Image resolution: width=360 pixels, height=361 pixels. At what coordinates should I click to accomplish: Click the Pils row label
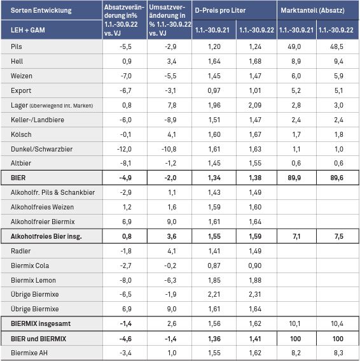17,46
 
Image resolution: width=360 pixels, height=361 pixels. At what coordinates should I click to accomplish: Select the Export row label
21,90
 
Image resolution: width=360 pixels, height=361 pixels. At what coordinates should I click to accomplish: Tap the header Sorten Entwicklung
41,11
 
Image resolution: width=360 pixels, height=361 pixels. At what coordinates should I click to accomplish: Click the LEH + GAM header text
28,30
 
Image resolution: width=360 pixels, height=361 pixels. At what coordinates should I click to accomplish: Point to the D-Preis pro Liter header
220,10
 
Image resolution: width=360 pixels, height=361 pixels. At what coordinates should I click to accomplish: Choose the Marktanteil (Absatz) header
312,10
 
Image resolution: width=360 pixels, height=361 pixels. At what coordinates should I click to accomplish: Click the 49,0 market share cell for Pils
294,46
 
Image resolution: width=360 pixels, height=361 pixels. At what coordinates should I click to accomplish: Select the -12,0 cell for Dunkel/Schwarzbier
124,149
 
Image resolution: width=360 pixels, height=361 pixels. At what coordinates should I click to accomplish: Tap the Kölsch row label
21,134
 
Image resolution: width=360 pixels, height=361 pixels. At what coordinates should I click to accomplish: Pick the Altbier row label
21,163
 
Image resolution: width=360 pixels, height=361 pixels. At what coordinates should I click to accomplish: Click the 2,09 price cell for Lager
255,105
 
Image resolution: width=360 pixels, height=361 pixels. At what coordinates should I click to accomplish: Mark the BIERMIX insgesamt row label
41,323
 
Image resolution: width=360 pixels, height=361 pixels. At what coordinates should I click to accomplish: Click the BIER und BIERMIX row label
38,339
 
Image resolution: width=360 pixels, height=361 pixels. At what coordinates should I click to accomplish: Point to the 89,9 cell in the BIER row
294,178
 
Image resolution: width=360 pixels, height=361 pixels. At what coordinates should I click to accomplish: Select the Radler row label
21,251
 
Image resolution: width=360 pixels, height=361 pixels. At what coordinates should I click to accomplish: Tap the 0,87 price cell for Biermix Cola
214,265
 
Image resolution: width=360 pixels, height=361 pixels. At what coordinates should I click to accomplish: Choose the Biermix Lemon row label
33,280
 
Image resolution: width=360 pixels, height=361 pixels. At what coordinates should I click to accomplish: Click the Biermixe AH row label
29,353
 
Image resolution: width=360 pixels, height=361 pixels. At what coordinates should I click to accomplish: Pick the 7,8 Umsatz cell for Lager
172,105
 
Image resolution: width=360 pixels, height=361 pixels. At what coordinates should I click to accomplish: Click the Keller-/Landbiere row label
38,120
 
